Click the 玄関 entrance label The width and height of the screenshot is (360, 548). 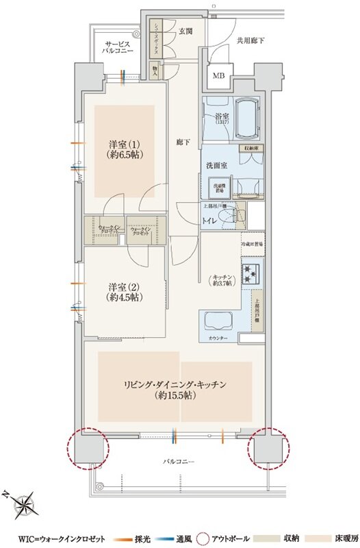click(185, 32)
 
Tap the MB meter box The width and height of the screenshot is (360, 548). click(220, 76)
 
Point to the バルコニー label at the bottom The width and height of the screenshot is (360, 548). click(180, 462)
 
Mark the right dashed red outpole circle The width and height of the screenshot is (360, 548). click(269, 448)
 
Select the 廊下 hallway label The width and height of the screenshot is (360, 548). click(183, 142)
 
